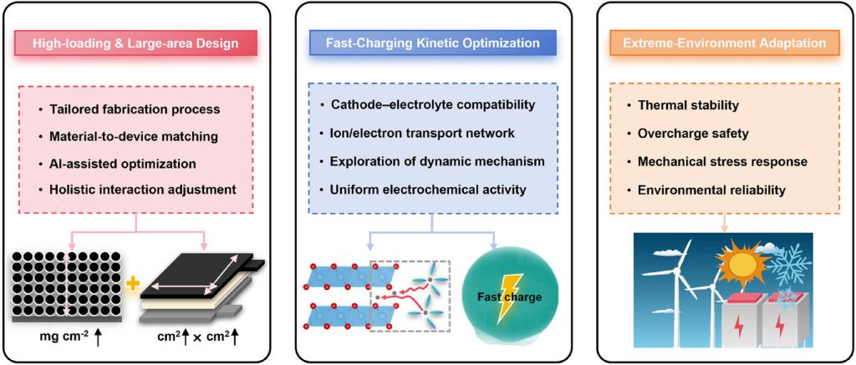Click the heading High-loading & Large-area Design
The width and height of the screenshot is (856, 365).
click(x=135, y=43)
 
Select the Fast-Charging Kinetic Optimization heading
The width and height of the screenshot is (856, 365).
click(x=431, y=43)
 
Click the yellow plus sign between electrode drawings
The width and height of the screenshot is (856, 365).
click(x=132, y=283)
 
